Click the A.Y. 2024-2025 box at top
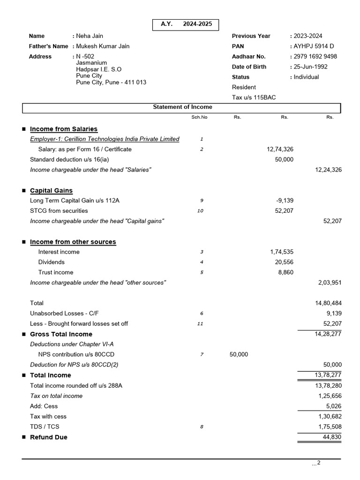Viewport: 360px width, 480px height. (185, 24)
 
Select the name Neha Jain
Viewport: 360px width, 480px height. (90, 36)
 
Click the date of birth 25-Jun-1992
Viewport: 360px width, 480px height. (310, 67)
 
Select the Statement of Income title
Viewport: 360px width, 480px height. (182, 107)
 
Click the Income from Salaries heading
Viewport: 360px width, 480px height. (64, 129)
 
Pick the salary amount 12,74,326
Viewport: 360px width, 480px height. (280, 150)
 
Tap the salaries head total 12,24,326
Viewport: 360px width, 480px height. (328, 170)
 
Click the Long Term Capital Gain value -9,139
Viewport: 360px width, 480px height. (285, 201)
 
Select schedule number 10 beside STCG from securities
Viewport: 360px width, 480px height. (200, 211)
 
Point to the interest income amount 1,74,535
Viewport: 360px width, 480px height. (282, 252)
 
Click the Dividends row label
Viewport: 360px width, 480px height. (52, 262)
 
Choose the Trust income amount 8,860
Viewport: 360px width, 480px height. (285, 273)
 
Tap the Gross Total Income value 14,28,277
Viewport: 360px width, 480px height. (328, 334)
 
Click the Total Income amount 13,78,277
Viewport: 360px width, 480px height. (328, 375)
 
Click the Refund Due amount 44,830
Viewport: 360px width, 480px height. (332, 437)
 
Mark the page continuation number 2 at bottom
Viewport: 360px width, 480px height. (318, 463)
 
